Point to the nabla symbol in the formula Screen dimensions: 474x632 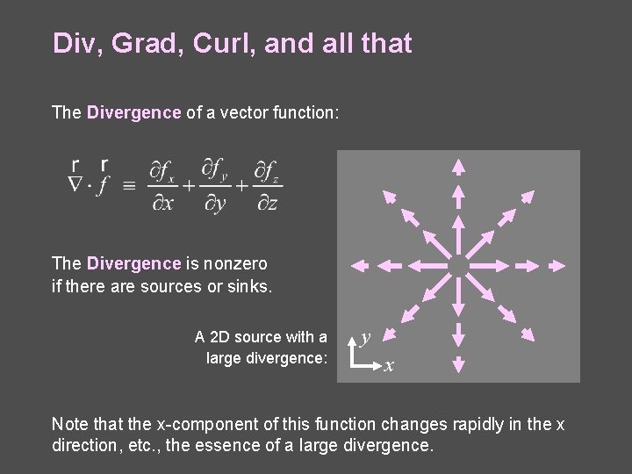coord(75,184)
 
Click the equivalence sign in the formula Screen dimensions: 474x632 coord(129,185)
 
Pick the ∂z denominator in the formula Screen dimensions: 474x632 coord(268,204)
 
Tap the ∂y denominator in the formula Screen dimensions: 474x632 coord(215,204)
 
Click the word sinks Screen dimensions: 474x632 coord(249,286)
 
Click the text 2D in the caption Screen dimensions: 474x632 coord(222,337)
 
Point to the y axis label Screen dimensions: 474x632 coord(366,336)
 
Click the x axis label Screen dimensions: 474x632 coord(388,365)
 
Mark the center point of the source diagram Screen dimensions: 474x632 coord(457,264)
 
